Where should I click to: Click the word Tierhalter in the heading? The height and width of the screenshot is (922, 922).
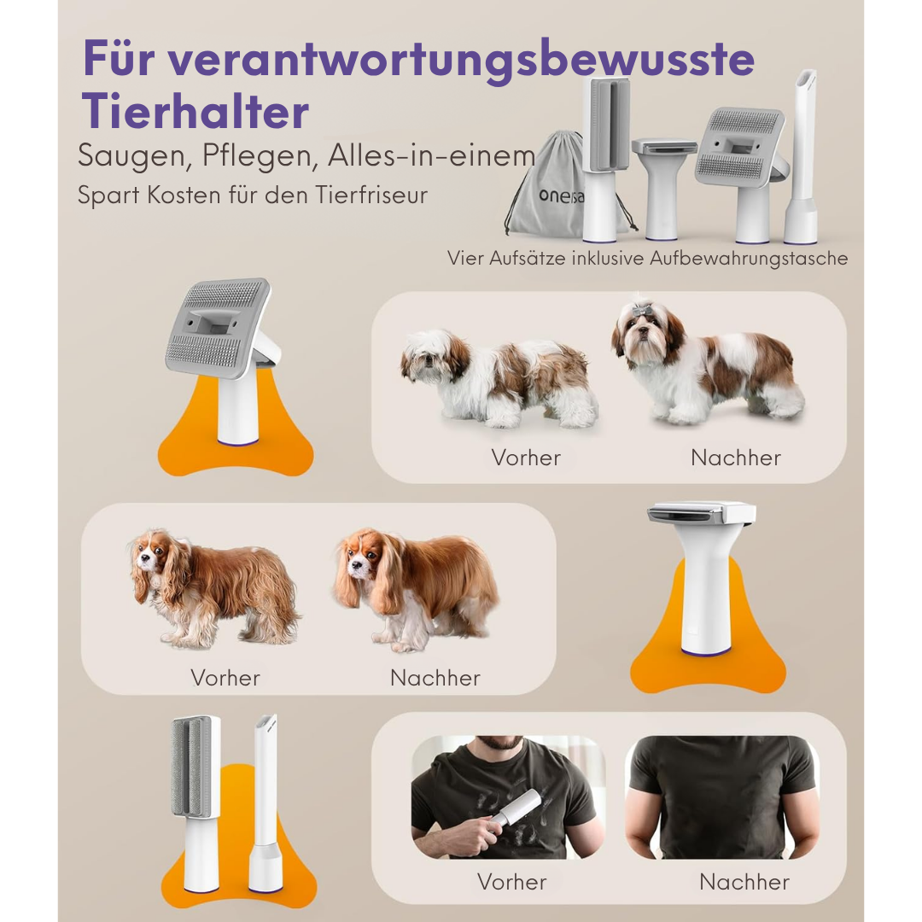195,112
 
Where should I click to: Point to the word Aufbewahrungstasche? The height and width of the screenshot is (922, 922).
749,258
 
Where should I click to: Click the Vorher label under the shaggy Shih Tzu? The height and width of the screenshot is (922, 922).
526,458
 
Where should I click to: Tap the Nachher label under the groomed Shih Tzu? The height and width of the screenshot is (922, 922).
736,458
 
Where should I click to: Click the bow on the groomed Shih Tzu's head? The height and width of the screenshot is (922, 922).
641,309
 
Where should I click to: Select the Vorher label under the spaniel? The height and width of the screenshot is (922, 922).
225,678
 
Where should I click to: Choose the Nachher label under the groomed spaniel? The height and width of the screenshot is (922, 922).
435,678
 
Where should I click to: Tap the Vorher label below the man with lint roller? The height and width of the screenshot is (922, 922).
512,881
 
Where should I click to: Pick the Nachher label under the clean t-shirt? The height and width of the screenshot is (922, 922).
744,881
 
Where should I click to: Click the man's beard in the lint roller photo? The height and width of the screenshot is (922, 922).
501,742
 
